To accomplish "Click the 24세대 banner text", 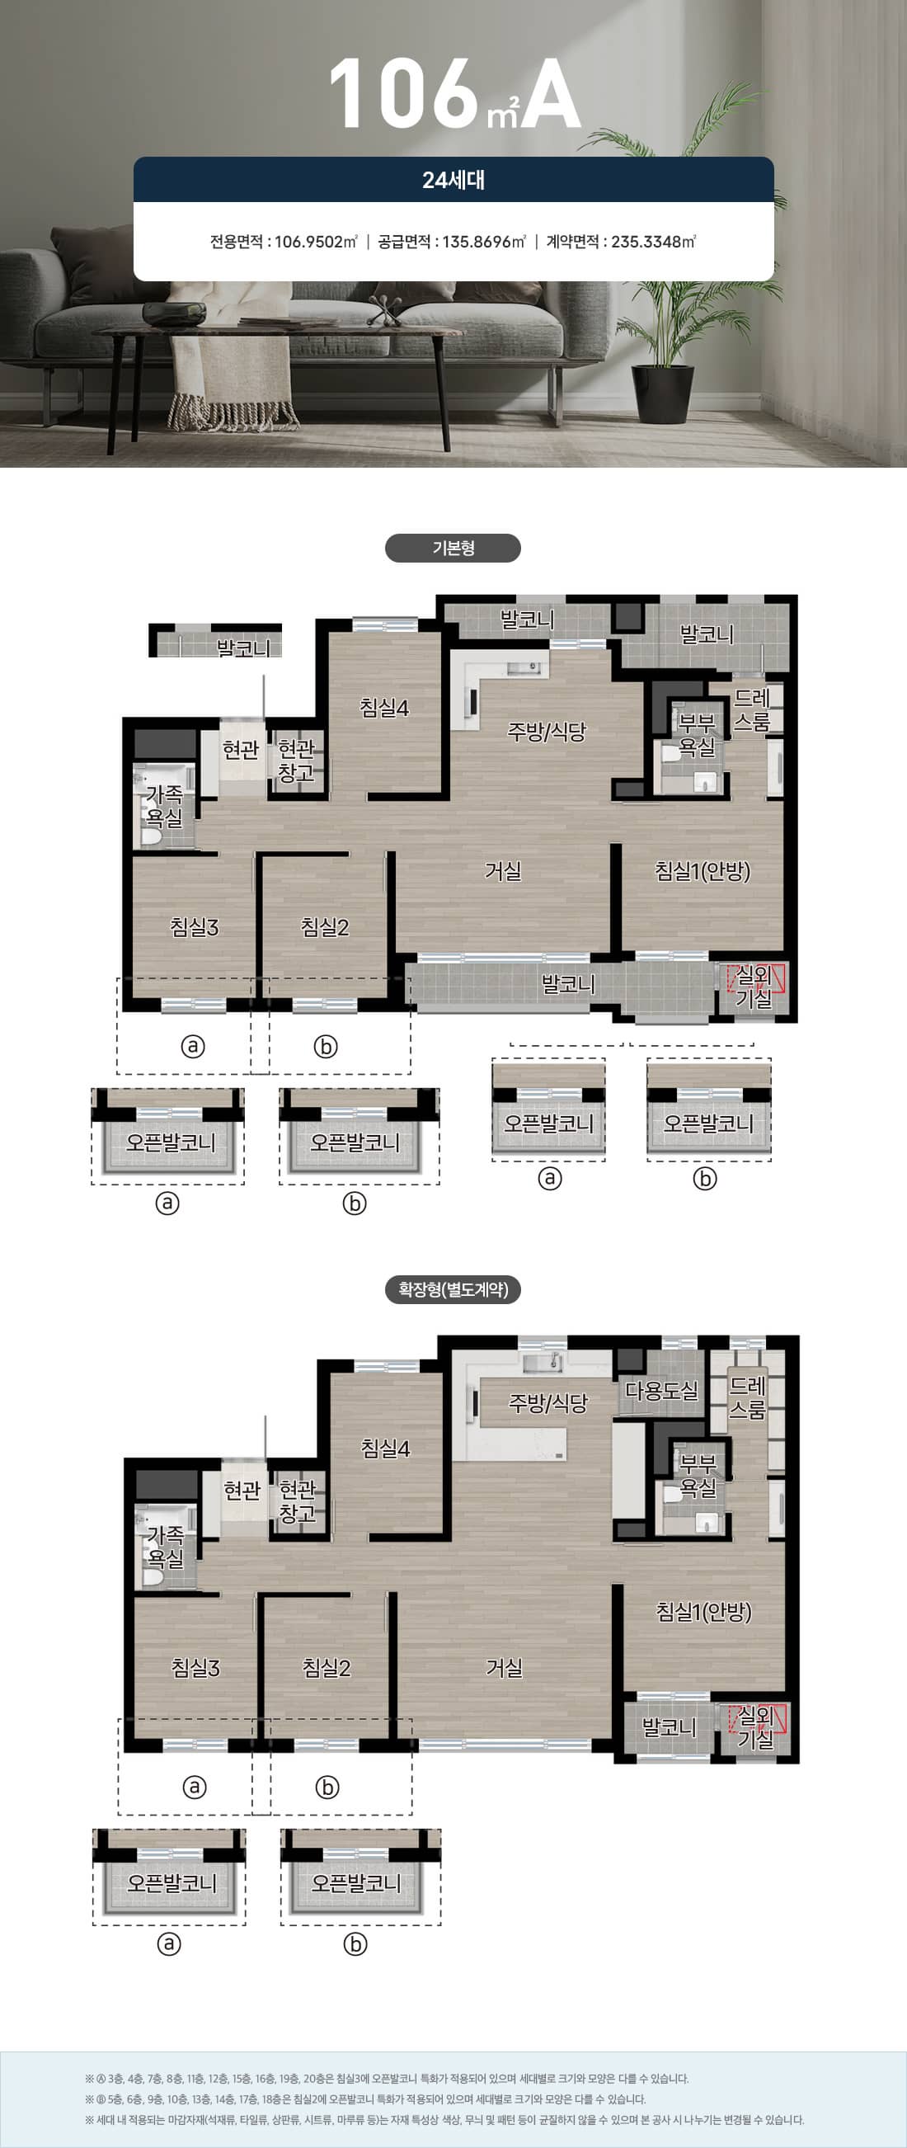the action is [x=453, y=180].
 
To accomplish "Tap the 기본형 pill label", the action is [x=453, y=548].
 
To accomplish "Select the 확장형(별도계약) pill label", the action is [x=453, y=1289].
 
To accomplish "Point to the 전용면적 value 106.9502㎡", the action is [x=316, y=242].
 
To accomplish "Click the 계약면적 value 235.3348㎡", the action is [x=654, y=242].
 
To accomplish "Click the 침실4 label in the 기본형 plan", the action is [x=384, y=708].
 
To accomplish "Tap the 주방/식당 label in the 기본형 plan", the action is [x=547, y=732].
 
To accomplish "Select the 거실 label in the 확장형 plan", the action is [x=505, y=1666].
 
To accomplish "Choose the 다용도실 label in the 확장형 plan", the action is [x=661, y=1390].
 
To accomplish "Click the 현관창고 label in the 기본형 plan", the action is [x=296, y=761].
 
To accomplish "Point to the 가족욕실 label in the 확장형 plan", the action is [x=165, y=1547].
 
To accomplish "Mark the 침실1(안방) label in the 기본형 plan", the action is [x=703, y=870].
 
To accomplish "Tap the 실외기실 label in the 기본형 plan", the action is [x=754, y=987].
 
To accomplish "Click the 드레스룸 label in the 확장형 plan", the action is [x=748, y=1397].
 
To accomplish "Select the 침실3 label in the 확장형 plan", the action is [x=196, y=1667].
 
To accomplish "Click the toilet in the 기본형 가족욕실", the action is [x=152, y=836].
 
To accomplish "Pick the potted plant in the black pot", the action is [x=664, y=351].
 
